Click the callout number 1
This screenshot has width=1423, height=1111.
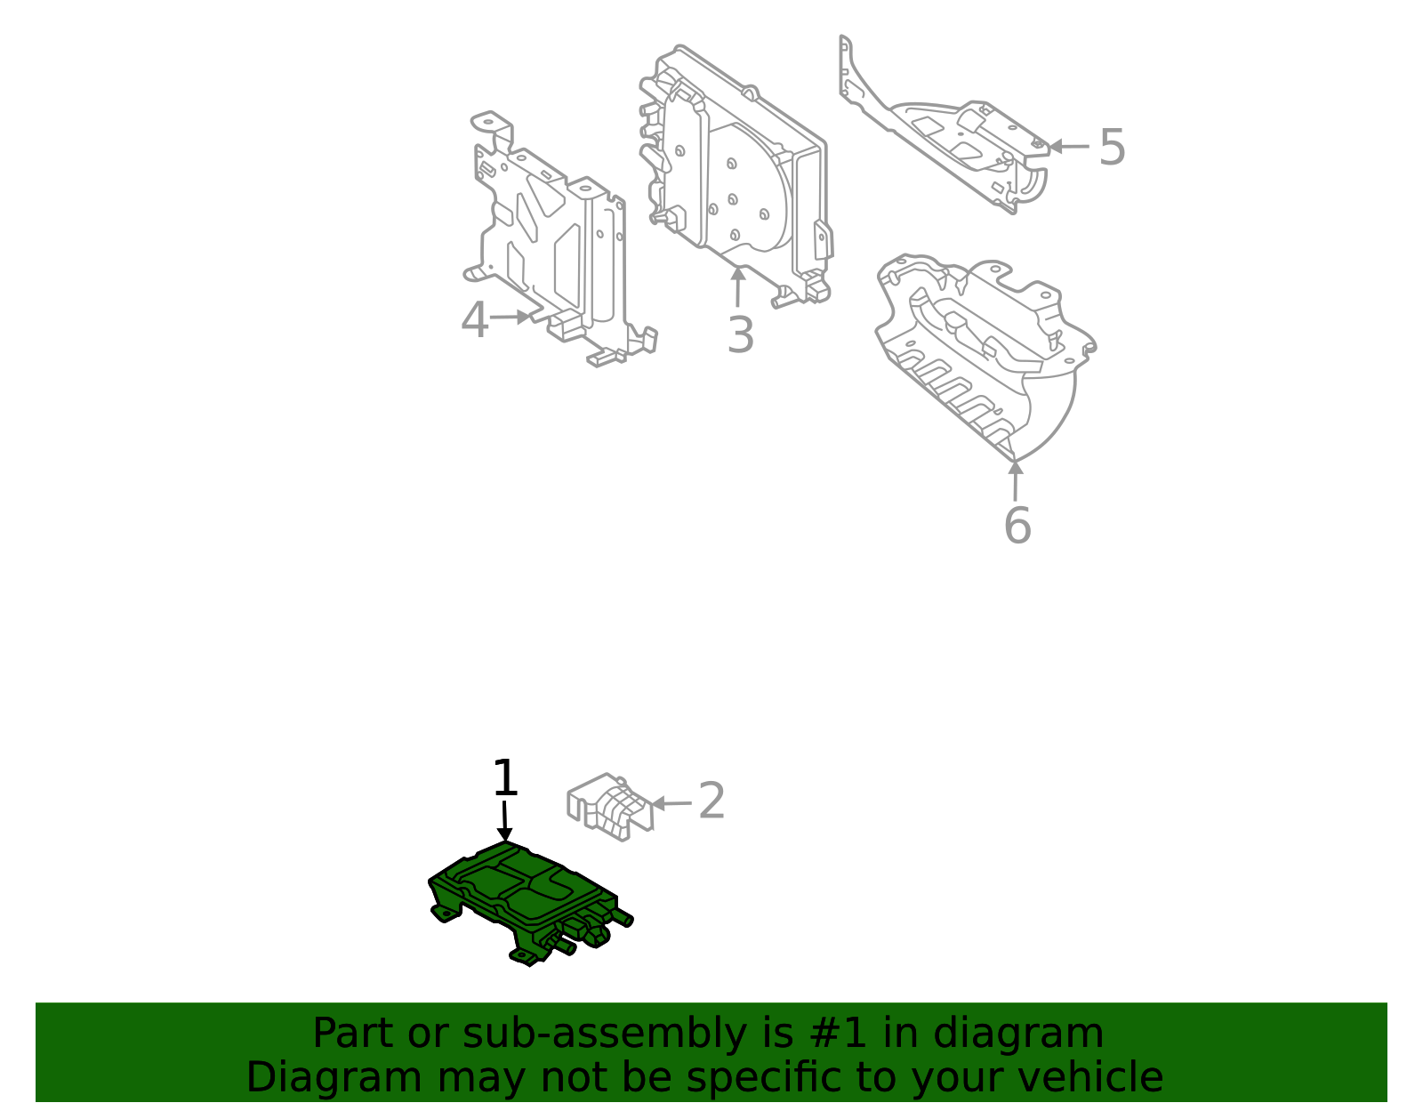coord(505,778)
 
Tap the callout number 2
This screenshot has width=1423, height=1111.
coord(711,801)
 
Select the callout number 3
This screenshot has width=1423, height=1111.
coord(740,335)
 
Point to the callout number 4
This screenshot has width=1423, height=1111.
coord(475,320)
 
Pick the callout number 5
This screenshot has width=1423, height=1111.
coord(1112,147)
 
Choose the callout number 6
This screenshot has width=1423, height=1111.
coord(1017,525)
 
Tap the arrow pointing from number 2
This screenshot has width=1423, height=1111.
coord(671,803)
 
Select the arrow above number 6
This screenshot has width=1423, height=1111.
coord(1015,480)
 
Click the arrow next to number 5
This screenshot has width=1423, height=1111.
coord(1069,147)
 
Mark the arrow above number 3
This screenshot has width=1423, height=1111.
coord(737,286)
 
